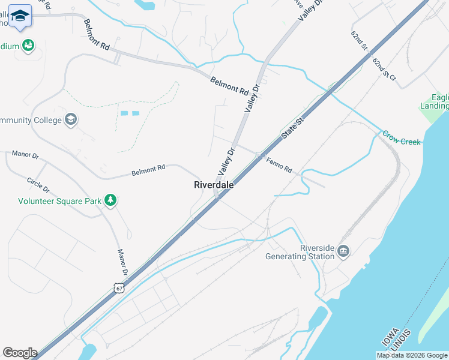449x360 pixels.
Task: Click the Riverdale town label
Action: coord(214,185)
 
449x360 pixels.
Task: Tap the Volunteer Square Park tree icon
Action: coord(110,200)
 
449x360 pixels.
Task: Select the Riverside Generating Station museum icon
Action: coord(343,250)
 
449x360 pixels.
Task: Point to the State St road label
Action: coord(293,133)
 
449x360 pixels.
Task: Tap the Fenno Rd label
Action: coord(279,165)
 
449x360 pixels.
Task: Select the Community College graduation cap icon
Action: coord(71,120)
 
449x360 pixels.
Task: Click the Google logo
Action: coord(20,353)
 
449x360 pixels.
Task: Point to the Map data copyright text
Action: coord(411,355)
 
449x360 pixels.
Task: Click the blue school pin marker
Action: coord(20,17)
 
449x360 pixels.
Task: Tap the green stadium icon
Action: coord(28,46)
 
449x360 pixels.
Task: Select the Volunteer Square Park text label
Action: coord(59,202)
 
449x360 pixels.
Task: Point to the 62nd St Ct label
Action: coord(384,70)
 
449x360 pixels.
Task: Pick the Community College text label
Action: coord(31,120)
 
